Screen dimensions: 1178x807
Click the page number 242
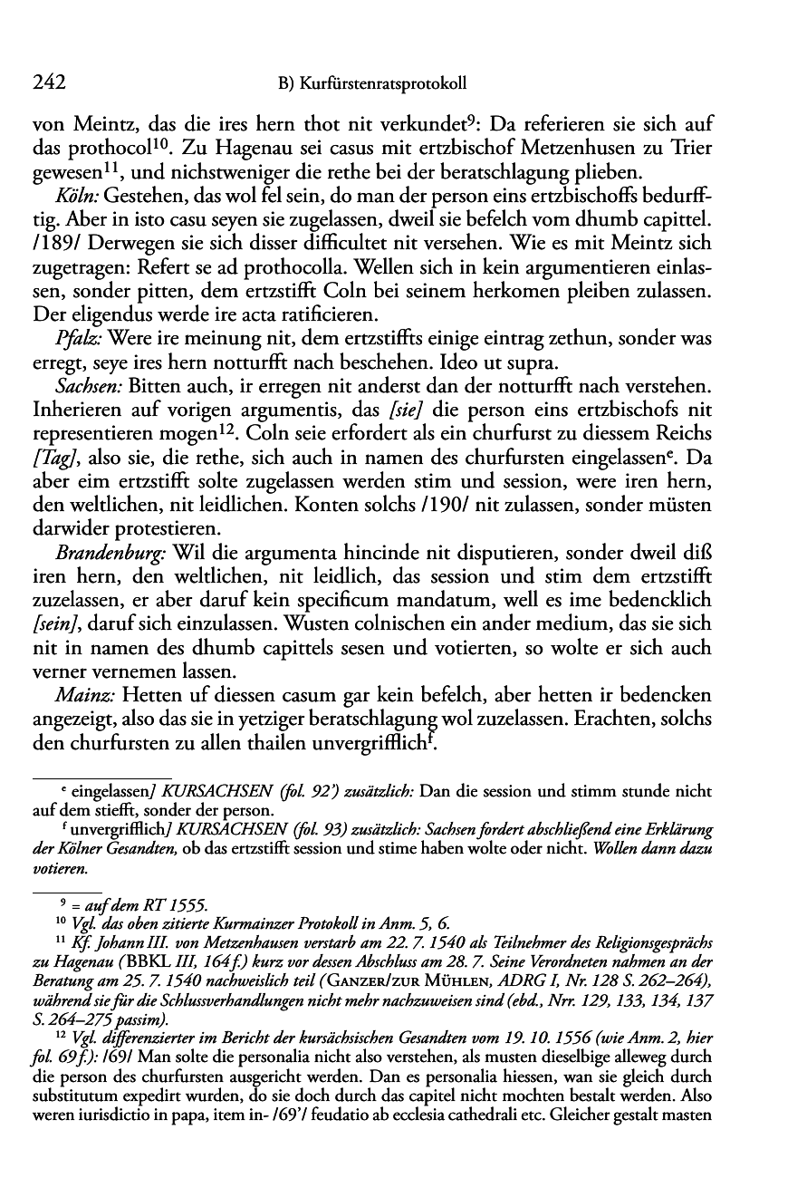tap(47, 83)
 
